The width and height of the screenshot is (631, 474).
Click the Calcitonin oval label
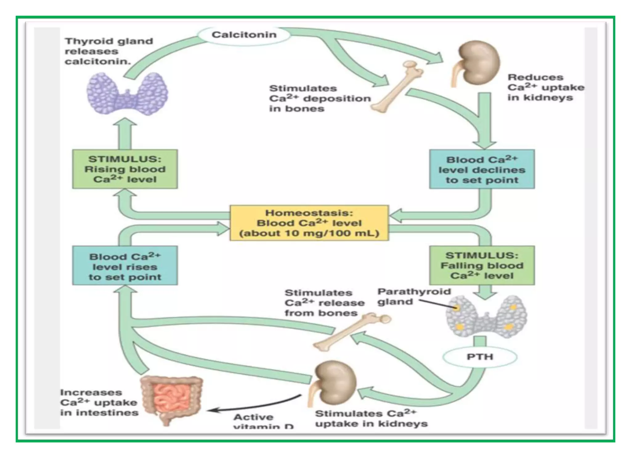point(244,35)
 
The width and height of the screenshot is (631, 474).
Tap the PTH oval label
point(480,357)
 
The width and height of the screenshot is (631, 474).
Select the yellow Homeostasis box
point(309,223)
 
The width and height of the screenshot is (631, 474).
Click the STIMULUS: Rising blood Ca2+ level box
point(125,169)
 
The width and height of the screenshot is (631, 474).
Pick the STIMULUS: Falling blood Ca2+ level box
point(482,265)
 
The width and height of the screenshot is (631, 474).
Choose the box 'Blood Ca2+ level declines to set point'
point(482,169)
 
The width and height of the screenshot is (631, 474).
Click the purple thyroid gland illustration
point(127,93)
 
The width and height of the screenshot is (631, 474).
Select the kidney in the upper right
point(478,63)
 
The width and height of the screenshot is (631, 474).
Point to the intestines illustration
point(171,398)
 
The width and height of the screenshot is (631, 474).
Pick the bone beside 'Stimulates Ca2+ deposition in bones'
point(397,86)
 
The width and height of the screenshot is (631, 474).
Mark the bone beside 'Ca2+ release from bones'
point(351,332)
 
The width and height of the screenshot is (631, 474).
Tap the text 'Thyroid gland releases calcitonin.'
point(109,51)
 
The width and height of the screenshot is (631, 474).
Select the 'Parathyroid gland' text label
point(413,296)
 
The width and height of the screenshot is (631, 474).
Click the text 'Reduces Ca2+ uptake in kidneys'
point(546,87)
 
